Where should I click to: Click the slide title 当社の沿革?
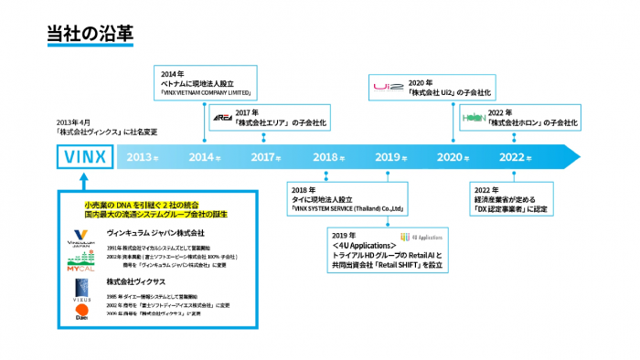pos(91,34)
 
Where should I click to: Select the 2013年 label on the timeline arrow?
pos(144,157)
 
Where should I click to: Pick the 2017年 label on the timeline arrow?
pos(265,157)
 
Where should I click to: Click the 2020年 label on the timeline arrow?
pos(454,157)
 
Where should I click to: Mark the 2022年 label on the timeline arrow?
pos(517,157)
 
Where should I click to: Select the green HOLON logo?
pos(473,120)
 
